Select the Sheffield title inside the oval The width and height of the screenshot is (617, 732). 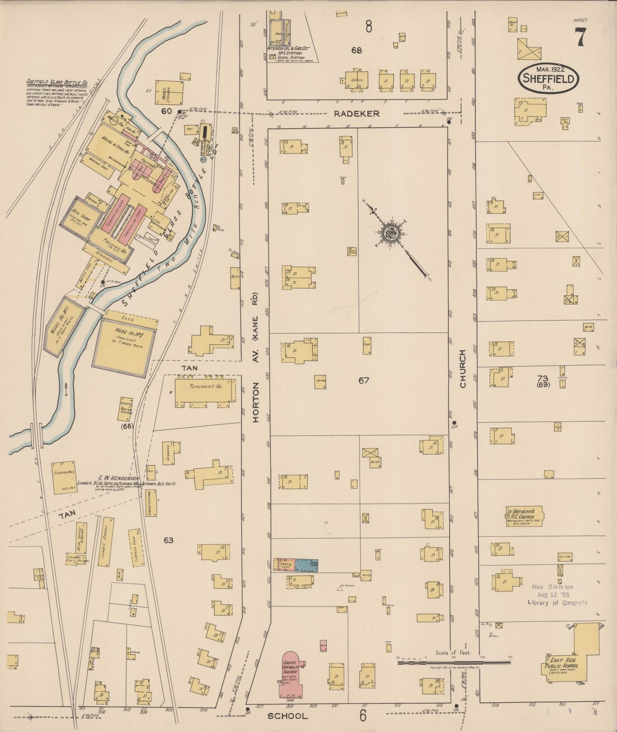(548, 79)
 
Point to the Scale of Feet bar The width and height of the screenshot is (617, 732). (453, 662)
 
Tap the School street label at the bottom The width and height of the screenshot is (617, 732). (287, 716)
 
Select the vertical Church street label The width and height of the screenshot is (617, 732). (463, 369)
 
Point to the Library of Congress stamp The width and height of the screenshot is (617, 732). (556, 595)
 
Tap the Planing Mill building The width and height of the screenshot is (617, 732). (64, 477)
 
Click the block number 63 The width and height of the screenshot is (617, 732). (168, 540)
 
